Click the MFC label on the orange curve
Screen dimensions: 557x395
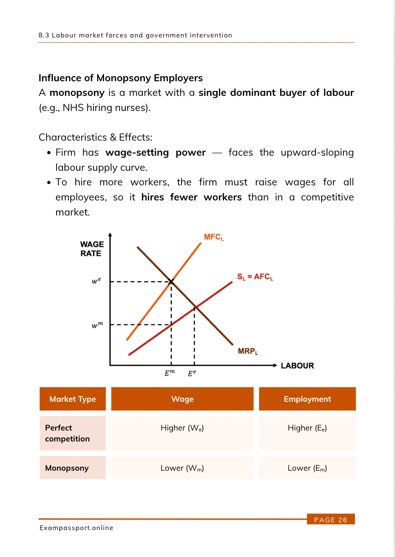214,237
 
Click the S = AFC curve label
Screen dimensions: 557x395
255,277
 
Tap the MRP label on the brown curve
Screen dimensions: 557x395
248,351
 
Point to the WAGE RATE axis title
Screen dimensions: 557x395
92,249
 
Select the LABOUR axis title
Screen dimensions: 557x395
297,366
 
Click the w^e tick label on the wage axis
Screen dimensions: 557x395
96,281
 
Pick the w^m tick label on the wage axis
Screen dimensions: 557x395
97,325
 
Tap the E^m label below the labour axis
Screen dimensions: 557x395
170,373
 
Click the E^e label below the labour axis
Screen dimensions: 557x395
192,373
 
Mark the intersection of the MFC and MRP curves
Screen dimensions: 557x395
171,282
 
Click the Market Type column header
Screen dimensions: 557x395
73,399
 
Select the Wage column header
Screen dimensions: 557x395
182,399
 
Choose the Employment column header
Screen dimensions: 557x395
307,399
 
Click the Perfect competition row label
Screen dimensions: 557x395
67,433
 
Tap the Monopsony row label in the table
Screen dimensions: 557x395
67,468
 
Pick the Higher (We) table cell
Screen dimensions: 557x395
182,428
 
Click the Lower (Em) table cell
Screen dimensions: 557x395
307,468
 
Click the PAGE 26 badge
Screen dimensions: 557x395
331,520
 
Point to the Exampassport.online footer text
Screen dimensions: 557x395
76,528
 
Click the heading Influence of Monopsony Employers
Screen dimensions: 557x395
121,78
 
